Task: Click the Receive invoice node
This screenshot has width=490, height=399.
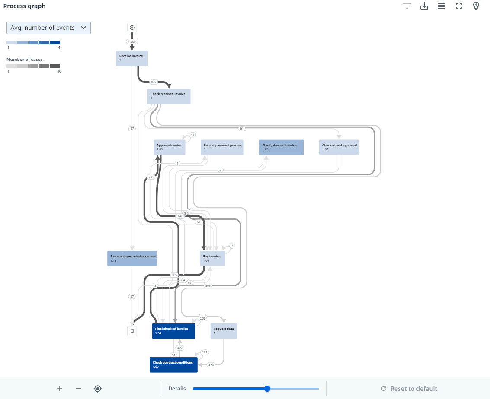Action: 132,58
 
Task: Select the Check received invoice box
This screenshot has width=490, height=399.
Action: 169,96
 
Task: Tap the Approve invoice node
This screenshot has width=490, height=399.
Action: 170,147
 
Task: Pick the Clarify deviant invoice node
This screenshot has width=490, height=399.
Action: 282,147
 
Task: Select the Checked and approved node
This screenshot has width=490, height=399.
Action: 339,147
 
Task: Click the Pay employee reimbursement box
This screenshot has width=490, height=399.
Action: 132,258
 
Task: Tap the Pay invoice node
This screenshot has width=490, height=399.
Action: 212,258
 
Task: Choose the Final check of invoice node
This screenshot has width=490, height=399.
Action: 173,331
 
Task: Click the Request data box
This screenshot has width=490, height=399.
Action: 224,331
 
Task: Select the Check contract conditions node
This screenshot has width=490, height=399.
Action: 173,364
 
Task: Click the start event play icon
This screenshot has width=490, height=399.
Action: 132,28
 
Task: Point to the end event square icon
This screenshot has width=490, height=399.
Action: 132,331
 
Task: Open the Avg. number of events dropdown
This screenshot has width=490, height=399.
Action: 48,28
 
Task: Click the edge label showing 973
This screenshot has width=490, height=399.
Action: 153,82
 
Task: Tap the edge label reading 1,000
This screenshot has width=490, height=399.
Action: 132,41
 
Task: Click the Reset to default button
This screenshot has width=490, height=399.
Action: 409,389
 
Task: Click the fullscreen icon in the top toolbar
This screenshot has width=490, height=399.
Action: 459,6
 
